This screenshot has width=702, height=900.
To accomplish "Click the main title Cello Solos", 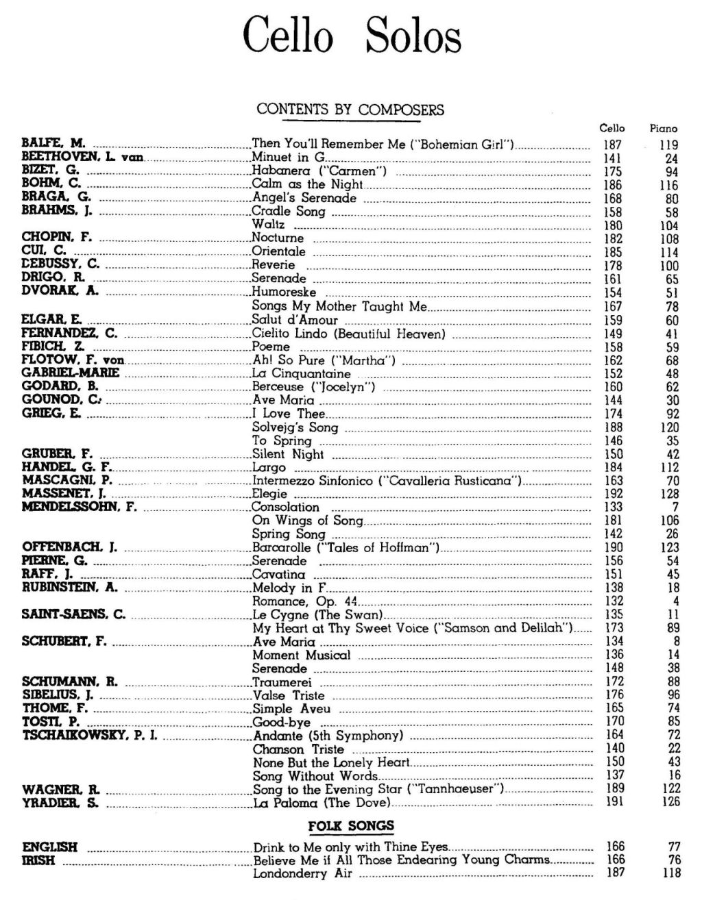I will [x=352, y=35].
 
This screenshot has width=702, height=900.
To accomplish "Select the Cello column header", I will [x=612, y=128].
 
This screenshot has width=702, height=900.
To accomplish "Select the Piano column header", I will [x=663, y=128].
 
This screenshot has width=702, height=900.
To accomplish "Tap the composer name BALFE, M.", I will [x=53, y=144].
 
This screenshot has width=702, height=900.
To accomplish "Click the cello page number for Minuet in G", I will [x=612, y=158].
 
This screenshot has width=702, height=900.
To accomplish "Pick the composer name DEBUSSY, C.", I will [x=60, y=265].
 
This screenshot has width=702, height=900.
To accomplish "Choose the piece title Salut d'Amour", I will [x=295, y=320].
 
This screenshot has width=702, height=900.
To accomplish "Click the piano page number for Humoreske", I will [x=672, y=293].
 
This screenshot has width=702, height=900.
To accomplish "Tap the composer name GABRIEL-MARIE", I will [x=71, y=373].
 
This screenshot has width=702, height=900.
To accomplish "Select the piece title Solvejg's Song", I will [x=295, y=427].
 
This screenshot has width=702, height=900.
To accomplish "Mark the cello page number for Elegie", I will [x=613, y=494].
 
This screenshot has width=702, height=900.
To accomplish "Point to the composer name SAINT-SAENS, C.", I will [x=74, y=614].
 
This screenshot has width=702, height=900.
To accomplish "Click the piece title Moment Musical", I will [x=301, y=655].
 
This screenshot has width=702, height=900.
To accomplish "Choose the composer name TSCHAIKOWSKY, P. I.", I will [x=90, y=736].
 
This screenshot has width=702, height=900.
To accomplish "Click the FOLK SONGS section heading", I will [x=351, y=826].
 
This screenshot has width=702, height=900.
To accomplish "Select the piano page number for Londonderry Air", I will [x=672, y=873].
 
